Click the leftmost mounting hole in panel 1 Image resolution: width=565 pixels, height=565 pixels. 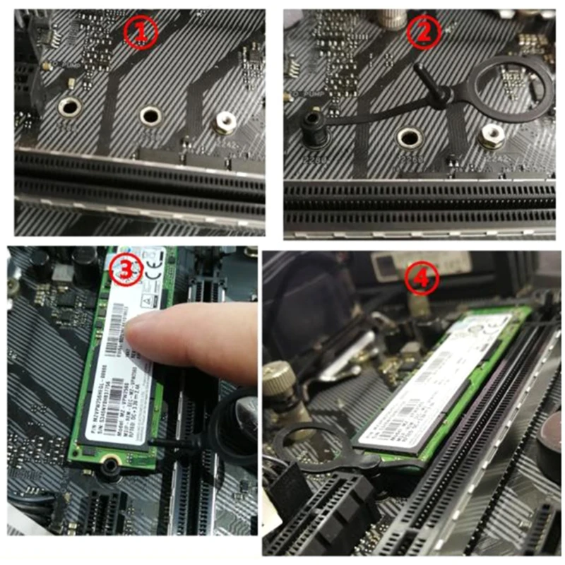[x=69, y=107]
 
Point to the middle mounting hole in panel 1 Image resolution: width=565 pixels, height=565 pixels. [x=150, y=115]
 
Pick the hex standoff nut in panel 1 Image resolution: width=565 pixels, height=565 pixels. [x=225, y=122]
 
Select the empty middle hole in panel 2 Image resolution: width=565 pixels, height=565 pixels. [x=409, y=136]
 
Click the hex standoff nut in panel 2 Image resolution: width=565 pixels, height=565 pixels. [x=488, y=136]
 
